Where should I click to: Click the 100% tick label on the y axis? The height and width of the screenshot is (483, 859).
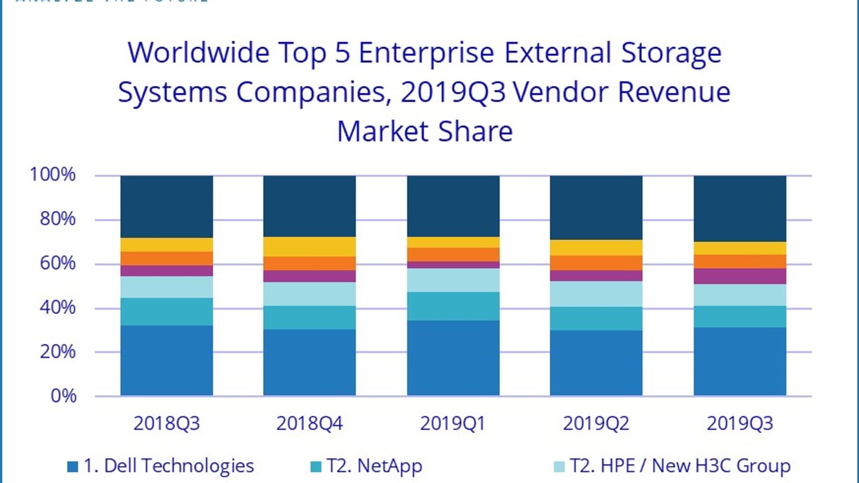(x=53, y=174)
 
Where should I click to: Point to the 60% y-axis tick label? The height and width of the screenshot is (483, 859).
(x=57, y=263)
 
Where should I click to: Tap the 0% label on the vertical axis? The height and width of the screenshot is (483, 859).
(x=63, y=396)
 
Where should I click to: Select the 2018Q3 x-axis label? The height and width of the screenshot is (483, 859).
(x=166, y=423)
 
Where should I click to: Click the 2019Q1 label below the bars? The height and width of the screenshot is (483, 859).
(x=453, y=423)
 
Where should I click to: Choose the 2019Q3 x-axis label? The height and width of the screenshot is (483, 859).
(x=740, y=423)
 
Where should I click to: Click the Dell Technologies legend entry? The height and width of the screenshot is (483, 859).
(x=161, y=466)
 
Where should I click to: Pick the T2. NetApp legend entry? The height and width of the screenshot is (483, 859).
(x=367, y=466)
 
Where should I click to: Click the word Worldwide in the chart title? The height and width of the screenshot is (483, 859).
(x=199, y=53)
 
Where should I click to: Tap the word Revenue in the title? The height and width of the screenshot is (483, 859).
(x=674, y=92)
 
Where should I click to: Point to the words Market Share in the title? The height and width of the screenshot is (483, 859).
(x=425, y=131)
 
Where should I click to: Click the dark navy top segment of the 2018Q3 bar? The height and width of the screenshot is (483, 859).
(x=166, y=206)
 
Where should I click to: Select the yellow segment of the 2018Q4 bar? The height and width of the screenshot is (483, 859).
(x=309, y=246)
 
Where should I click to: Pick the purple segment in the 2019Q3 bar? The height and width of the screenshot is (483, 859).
(x=740, y=276)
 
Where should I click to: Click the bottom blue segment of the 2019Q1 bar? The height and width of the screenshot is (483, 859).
(x=453, y=358)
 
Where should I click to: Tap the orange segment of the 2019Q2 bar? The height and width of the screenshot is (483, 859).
(x=596, y=262)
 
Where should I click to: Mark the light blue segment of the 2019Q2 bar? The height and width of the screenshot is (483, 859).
(x=596, y=294)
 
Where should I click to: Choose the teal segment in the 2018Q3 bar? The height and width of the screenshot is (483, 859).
(x=166, y=311)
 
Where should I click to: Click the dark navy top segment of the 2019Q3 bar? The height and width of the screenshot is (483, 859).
(x=740, y=208)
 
